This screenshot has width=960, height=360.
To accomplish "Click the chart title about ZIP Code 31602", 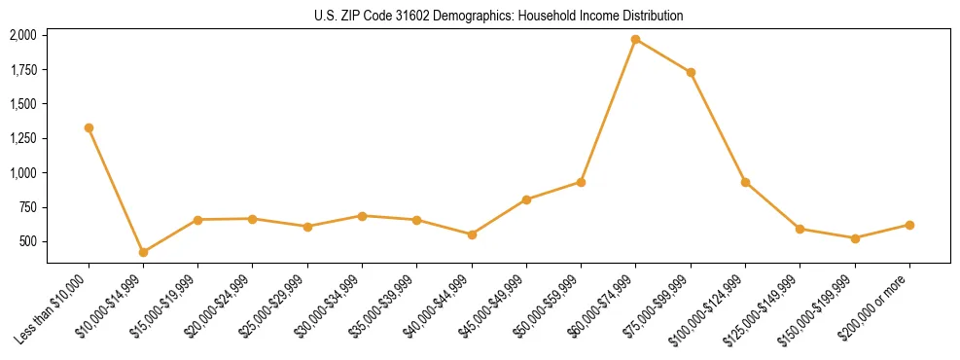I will click(498, 17).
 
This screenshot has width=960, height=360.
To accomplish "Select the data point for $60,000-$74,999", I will click(635, 40).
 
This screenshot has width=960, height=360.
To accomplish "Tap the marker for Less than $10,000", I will click(89, 127).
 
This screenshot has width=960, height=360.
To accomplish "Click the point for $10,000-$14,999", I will click(143, 252).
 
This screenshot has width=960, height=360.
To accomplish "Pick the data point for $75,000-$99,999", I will click(691, 72).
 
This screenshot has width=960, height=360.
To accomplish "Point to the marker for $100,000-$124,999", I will click(745, 182).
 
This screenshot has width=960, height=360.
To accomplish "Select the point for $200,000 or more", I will click(909, 225).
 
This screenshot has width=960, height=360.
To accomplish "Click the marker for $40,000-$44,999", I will click(472, 234).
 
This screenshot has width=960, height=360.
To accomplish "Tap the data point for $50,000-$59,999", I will click(581, 182).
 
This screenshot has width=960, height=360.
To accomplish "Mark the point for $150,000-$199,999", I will click(855, 238).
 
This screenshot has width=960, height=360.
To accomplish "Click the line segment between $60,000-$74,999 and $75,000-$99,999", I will click(663, 56).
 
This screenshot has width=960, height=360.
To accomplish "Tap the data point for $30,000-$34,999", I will click(362, 216).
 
